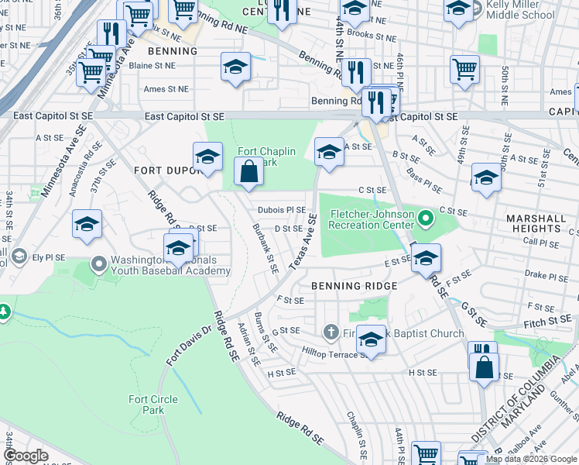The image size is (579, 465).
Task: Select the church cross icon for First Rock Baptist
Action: click(331, 333)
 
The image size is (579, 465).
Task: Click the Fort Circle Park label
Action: click(146, 404)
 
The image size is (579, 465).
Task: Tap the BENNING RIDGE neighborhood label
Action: click(354, 286)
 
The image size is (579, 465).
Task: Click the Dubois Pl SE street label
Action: click(282, 210)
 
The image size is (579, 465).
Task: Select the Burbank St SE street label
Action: click(266, 248)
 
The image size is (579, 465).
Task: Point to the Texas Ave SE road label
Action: click(303, 243)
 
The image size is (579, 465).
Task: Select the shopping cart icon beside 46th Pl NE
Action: click(464, 69)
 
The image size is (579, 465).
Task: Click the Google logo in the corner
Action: click(26, 456)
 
